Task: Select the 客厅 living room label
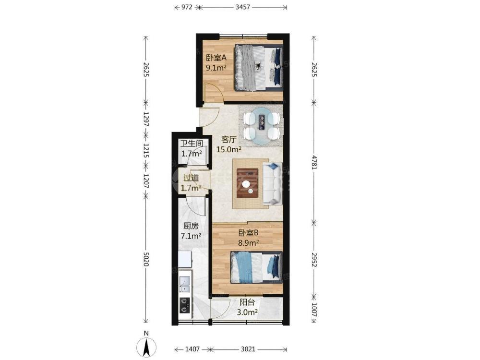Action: click(228, 140)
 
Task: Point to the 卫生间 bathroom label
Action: click(192, 144)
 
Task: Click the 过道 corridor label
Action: click(191, 178)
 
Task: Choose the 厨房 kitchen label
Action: click(191, 226)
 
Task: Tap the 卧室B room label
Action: click(249, 233)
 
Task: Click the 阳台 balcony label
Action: click(247, 302)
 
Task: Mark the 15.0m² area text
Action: click(229, 150)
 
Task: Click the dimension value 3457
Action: click(243, 7)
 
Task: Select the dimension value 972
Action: click(186, 7)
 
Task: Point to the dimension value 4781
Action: click(314, 162)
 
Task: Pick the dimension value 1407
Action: click(192, 349)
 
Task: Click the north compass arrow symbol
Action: click(146, 348)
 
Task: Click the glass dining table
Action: click(261, 125)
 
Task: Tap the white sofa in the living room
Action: click(272, 183)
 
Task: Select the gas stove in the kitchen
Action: click(185, 305)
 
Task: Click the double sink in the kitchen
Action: click(185, 284)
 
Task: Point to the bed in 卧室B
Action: click(256, 267)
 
